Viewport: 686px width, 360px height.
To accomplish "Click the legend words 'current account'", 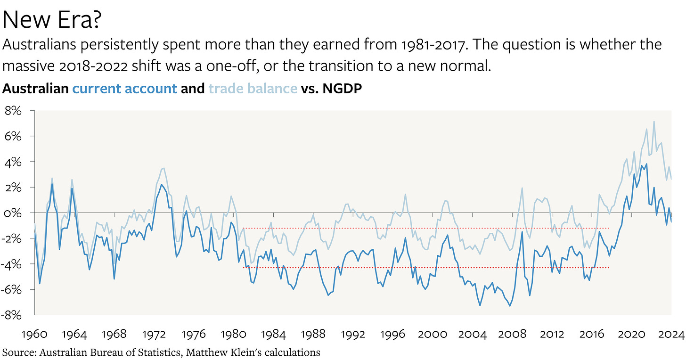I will (124, 88).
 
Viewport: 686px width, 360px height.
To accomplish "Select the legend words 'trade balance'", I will (253, 88).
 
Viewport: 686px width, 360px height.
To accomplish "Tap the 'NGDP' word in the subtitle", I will (342, 88).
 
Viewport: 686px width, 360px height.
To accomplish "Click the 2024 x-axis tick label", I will (671, 335).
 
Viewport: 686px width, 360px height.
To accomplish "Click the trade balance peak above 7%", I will (654, 122).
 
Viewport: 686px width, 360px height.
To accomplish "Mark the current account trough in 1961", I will (40, 283).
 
